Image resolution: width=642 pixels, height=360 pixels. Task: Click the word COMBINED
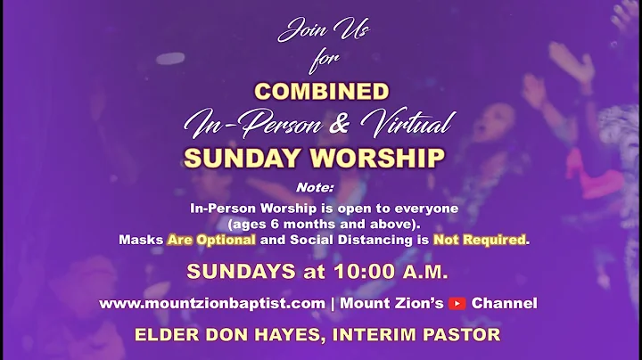[322, 92]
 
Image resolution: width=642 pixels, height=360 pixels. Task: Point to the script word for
[320, 62]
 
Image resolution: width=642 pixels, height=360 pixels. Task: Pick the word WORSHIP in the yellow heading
[385, 159]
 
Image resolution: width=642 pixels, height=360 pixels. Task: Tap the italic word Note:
[314, 188]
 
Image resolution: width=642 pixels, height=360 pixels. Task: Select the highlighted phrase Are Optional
[211, 240]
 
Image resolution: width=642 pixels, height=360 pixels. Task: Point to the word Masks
[141, 240]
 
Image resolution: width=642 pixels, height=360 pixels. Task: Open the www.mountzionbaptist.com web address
[212, 304]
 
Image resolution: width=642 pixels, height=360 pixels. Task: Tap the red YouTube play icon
[457, 304]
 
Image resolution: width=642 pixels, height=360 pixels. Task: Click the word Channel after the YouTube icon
[504, 304]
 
